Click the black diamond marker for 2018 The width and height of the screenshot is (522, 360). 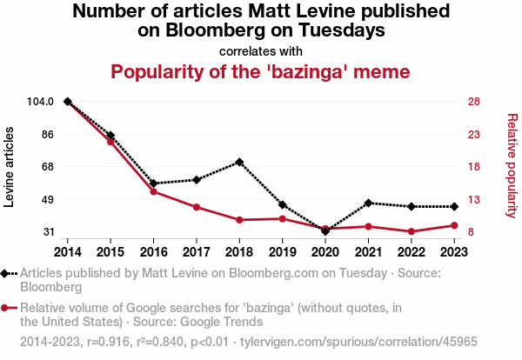click(238, 162)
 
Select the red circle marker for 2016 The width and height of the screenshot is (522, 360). click(153, 191)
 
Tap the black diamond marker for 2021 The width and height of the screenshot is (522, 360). click(369, 203)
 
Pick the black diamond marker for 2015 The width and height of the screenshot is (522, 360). click(110, 136)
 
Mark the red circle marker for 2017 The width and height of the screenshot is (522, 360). click(197, 207)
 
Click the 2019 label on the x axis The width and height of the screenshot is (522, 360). click(282, 251)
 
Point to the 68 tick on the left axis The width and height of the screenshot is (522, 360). click(49, 167)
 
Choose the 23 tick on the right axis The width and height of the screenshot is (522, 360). click(474, 135)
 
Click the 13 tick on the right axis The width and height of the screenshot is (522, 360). click(474, 200)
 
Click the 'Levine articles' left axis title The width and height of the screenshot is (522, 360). click(10, 167)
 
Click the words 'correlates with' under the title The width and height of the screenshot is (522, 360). click(260, 50)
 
